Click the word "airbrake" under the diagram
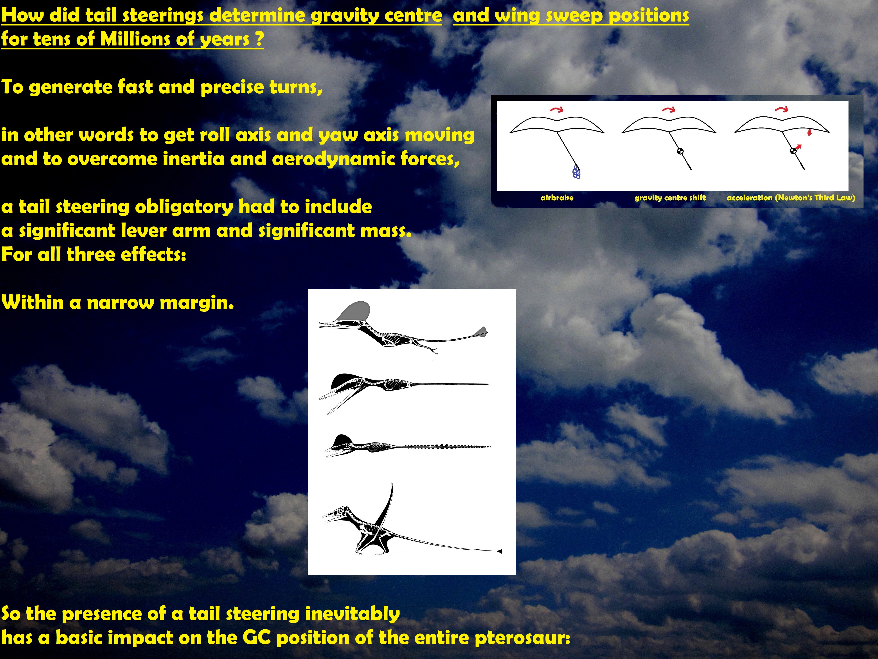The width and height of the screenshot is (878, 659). coord(557,197)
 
